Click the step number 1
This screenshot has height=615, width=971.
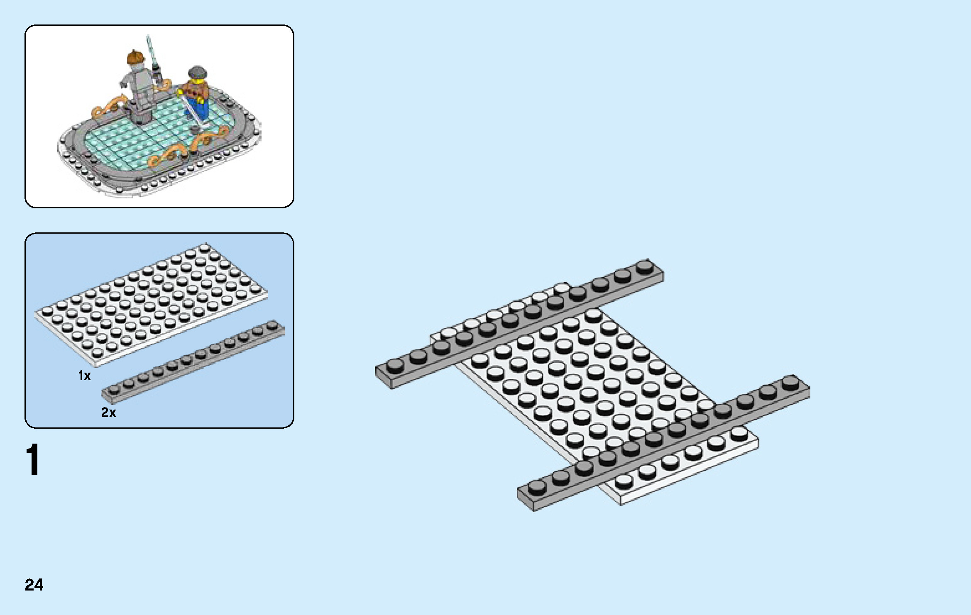pos(33,459)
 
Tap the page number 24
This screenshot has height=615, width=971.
pos(34,585)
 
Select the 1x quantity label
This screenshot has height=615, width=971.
pos(84,376)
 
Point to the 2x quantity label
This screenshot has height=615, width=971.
pos(109,412)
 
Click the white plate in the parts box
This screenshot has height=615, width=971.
pos(151,305)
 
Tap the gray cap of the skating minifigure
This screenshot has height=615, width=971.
pos(196,73)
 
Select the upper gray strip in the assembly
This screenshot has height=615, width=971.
pos(519,324)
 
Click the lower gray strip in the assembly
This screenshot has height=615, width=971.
pos(663,443)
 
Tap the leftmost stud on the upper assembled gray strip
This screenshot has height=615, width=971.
pos(395,365)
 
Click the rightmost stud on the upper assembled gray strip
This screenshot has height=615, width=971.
pos(644,266)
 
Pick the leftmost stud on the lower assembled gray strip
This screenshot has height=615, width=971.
pos(537,486)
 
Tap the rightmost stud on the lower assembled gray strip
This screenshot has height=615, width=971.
pos(790,383)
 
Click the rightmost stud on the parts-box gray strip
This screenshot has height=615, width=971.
pos(272,325)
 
